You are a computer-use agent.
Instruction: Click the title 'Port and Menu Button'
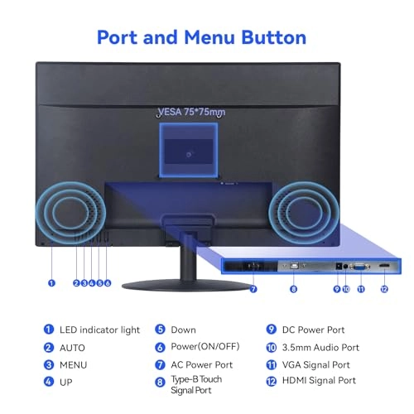[202, 37]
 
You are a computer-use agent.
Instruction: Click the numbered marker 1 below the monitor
[51, 282]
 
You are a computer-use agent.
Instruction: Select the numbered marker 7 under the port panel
[253, 289]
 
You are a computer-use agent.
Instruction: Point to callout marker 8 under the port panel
[293, 289]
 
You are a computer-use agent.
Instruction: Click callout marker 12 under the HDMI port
[383, 289]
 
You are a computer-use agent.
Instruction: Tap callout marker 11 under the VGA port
[360, 289]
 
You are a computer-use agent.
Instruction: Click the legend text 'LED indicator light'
[99, 330]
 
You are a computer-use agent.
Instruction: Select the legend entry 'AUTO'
[72, 348]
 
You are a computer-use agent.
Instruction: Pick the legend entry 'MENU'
[74, 364]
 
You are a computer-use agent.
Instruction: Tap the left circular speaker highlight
[70, 214]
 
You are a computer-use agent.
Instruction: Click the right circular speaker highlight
[301, 214]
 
